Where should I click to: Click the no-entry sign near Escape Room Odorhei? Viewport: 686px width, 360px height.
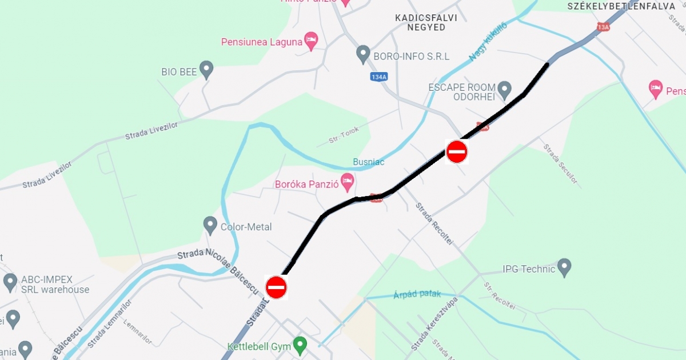pos(457,152)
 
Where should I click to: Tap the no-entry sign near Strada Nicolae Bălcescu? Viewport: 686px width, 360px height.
pos(276,287)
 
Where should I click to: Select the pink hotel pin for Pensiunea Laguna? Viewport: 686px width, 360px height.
pos(311,41)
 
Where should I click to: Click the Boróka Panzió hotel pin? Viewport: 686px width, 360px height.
pos(347,183)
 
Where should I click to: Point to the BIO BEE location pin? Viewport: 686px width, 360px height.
pos(206,70)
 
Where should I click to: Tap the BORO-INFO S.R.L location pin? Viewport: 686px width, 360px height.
pos(363,55)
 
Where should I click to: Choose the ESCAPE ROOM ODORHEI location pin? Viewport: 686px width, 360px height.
pos(504,90)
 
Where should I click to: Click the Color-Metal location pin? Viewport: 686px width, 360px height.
pos(210,225)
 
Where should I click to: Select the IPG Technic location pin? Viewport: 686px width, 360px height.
pos(564,267)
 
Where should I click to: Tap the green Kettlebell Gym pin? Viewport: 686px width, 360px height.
pos(300,345)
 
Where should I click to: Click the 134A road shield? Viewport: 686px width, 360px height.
pos(378,77)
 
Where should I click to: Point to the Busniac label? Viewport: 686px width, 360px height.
pos(369,162)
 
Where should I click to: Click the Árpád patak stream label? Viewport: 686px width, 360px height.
pos(417,295)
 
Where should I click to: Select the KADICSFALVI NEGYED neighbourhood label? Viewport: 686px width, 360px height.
pos(426,22)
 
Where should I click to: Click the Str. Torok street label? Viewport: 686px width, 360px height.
pos(344,135)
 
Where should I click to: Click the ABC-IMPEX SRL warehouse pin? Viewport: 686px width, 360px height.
pos(10,282)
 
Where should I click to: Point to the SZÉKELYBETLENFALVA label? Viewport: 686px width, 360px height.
pos(621,6)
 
